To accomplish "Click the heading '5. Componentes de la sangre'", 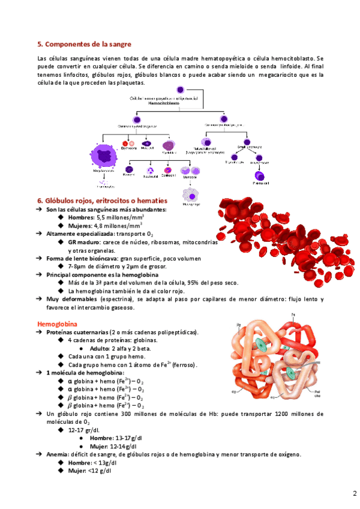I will (84, 44).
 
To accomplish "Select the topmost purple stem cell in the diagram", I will (180, 91).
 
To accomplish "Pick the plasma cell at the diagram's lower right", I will (260, 176).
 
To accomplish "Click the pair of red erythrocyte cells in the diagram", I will (129, 145).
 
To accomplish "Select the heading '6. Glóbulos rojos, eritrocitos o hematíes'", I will (102, 200).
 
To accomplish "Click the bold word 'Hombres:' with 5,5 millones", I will (82, 217).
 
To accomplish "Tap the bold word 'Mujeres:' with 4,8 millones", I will (82, 225).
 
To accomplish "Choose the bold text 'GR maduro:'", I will (85, 242).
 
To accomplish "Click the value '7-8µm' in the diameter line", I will (78, 266).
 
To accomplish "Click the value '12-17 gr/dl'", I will (85, 430).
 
